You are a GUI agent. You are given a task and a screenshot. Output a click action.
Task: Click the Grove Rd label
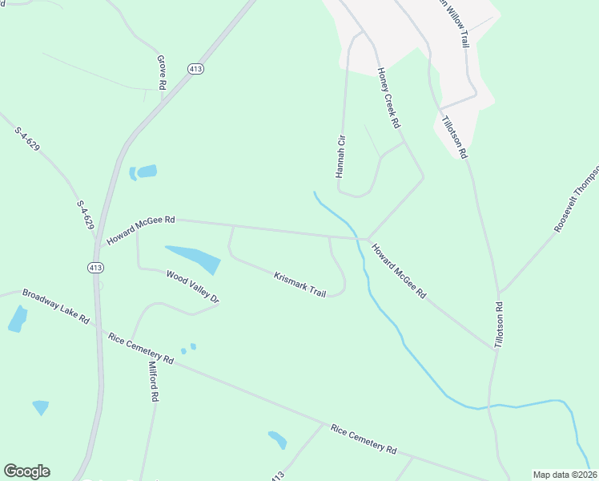coord(161,72)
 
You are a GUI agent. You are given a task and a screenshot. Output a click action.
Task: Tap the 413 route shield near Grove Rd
coord(195,69)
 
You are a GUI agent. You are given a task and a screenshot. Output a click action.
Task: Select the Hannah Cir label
coord(340,157)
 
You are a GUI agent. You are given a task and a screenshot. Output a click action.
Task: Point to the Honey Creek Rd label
coord(388,99)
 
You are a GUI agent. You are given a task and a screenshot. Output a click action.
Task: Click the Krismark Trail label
coord(299,285)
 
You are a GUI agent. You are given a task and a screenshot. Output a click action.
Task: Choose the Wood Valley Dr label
coord(192,286)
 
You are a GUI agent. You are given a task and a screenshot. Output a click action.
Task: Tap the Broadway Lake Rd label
coord(55,306)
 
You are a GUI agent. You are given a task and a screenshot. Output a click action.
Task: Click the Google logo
coord(26,471)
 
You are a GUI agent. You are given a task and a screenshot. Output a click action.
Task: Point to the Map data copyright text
coord(565,475)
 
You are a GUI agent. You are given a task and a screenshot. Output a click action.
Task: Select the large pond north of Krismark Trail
coord(193,258)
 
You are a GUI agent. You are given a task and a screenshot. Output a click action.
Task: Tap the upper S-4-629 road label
coord(26,138)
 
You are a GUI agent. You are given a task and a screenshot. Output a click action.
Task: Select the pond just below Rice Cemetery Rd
coord(277,439)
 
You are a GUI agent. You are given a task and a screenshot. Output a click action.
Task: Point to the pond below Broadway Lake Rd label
coord(17,319)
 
